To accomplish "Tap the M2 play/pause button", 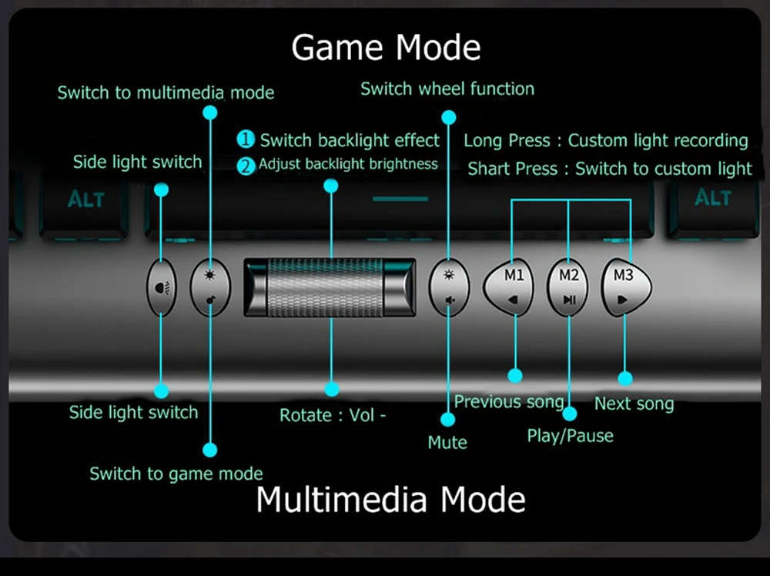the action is coord(567,287).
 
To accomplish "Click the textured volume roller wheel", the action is coord(330,287).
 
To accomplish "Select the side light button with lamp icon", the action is coord(162,287).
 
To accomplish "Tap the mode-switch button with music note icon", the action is coord(210,287).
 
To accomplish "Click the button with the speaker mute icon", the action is coord(449,287).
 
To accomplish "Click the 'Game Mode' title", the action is coord(386,47).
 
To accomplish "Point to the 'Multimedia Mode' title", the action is coord(391,500).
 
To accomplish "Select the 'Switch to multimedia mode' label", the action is coord(166,93).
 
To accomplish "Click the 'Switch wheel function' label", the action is coord(447,89).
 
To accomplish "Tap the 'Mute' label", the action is coord(447,443).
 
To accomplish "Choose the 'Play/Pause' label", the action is coord(570,436).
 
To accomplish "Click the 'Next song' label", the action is coord(634,404).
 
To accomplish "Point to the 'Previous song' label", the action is coord(509,402).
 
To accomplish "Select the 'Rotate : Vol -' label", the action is coord(333,415).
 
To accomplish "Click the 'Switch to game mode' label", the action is coord(176,474).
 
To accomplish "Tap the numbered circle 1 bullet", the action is coord(246,139).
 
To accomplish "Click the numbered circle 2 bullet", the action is coord(246,166).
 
